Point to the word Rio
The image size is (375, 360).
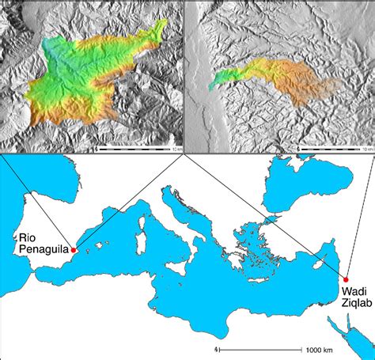(28, 237)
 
